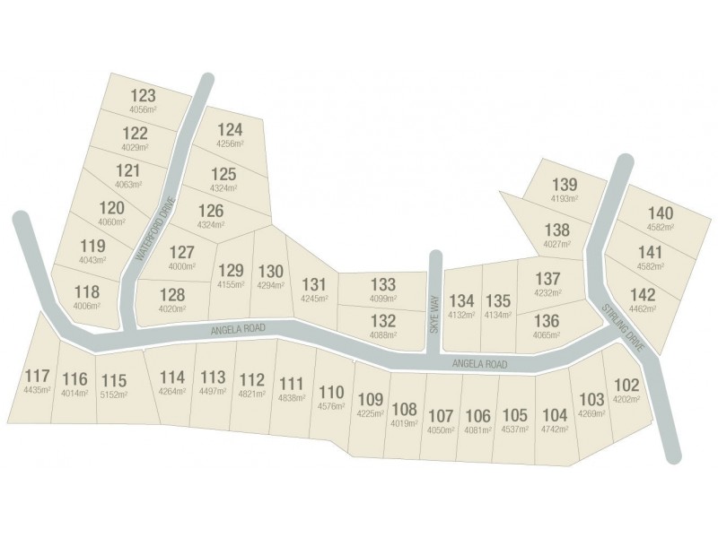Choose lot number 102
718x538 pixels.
(626, 385)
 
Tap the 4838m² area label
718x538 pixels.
(293, 397)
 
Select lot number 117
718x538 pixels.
(38, 377)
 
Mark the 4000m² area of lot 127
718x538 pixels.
(181, 266)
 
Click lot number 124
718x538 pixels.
(230, 129)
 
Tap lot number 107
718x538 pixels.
(440, 416)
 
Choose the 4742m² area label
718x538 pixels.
(556, 430)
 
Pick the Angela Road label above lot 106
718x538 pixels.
(480, 364)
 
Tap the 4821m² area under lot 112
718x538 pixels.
(253, 394)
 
